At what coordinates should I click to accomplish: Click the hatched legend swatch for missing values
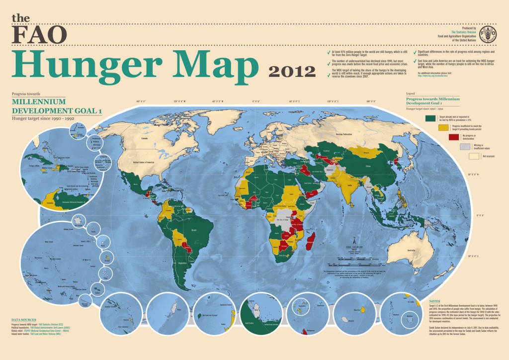pos(464,146)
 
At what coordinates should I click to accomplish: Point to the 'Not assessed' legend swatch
pos(474,156)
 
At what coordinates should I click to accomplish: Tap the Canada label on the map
pos(145,139)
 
